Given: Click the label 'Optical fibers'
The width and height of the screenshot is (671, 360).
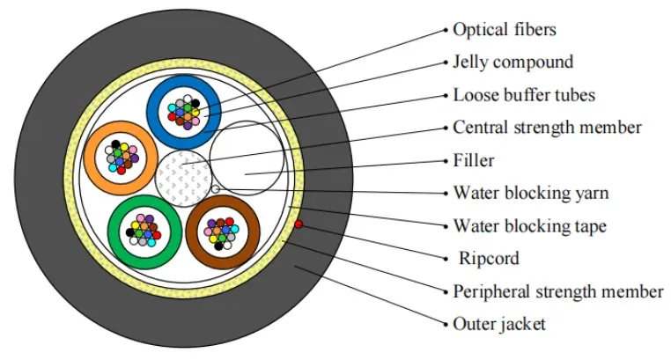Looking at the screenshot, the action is pos(505,30).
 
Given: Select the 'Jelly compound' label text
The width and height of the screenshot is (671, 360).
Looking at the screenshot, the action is pos(513,62).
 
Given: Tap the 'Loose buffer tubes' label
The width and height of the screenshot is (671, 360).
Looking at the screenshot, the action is pos(524,95).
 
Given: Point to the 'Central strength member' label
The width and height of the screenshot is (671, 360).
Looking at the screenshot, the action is pos(548,128).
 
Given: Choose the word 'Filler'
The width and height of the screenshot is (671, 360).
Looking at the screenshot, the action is pos(474,160).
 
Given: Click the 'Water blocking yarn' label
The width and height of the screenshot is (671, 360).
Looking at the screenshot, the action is pos(531,193).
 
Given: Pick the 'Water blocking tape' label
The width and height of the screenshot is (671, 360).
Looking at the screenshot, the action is pos(530,225).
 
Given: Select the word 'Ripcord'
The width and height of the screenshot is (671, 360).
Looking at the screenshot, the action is pos(489,258).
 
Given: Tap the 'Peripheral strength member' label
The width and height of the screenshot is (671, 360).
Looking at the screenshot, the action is pos(558,291).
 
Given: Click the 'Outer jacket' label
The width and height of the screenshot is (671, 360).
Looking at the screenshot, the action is pos(499,324).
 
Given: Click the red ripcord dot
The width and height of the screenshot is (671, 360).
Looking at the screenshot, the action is pos(299,224).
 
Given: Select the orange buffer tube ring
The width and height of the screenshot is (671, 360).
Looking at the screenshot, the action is pos(90,158).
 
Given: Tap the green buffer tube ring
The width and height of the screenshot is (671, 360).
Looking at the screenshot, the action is pos(114,232).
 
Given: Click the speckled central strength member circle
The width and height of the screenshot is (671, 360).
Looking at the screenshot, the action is pos(183,179).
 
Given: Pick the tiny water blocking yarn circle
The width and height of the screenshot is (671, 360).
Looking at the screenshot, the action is pos(216,189).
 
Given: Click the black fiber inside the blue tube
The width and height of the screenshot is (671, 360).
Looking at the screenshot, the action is pos(195,103).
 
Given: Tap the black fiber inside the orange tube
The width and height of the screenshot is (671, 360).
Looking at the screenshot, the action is pos(115,144).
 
